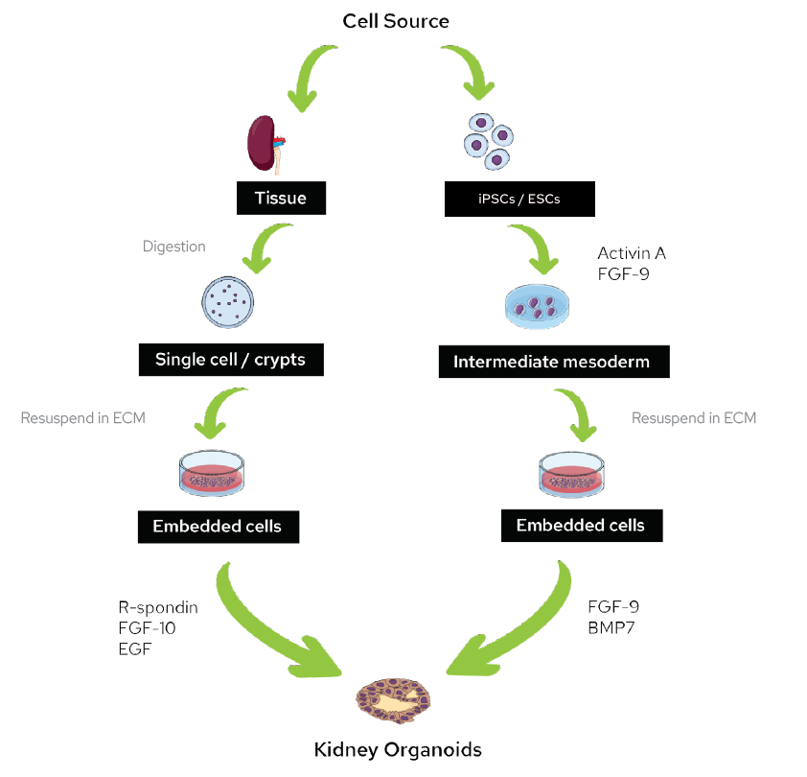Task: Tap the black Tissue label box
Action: click(280, 198)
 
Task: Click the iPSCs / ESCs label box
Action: click(520, 200)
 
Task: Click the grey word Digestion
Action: click(173, 247)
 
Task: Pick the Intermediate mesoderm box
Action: click(554, 362)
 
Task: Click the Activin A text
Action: click(632, 253)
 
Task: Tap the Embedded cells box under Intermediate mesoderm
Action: click(580, 526)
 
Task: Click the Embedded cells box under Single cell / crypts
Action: click(217, 527)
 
